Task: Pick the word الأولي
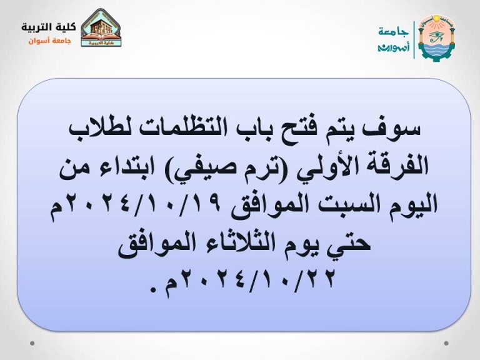(x=316, y=167)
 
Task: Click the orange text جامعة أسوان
(x=50, y=41)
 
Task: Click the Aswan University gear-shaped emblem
(x=436, y=36)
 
